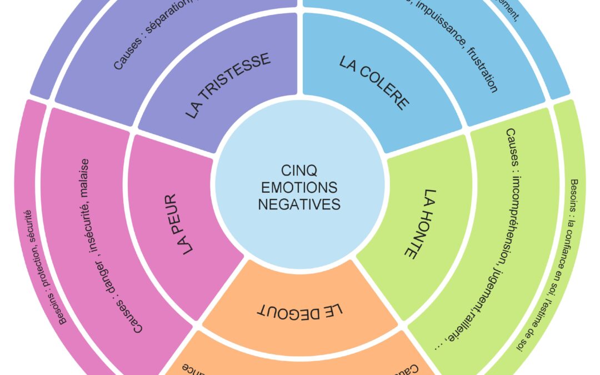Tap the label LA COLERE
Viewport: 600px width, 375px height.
(374, 83)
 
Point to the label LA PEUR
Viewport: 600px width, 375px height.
(180, 223)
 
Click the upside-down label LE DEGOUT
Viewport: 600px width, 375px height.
(300, 309)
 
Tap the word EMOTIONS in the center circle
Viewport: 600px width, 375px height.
(300, 187)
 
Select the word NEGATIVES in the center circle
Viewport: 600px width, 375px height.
(300, 204)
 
